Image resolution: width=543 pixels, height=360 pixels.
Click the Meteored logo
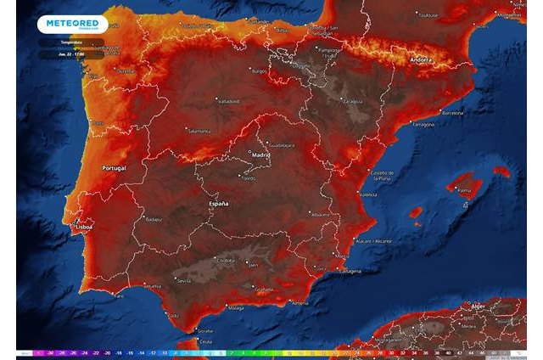[x=72, y=25]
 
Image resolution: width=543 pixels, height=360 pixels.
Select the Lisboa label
[x=82, y=228]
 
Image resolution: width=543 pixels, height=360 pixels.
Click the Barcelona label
[x=453, y=112]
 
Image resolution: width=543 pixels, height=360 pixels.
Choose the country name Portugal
[x=114, y=167]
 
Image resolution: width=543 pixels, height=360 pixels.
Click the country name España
[x=218, y=205]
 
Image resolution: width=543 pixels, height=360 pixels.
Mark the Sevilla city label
[x=183, y=280]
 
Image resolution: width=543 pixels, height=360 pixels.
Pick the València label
[x=367, y=194]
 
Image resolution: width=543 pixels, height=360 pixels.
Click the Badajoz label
[x=154, y=219]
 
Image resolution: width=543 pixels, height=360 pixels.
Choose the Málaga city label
[x=236, y=309]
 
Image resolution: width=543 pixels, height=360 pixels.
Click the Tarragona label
[x=423, y=125]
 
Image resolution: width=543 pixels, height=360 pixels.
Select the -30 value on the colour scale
[x=52, y=352]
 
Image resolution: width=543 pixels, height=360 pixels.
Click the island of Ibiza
[x=416, y=212]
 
